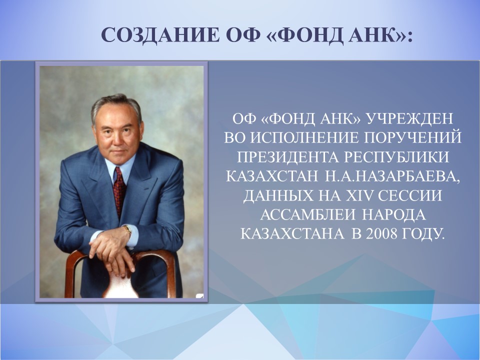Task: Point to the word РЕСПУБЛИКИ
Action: (397, 157)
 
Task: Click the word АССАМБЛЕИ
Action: (308, 215)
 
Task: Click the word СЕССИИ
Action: (410, 196)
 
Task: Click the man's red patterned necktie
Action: (119, 191)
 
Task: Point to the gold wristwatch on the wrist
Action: (128, 230)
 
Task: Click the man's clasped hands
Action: (111, 249)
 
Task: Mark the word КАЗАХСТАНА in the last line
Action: (292, 234)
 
